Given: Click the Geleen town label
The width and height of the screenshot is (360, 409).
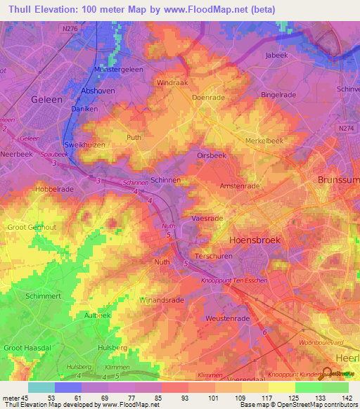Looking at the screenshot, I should [47, 100].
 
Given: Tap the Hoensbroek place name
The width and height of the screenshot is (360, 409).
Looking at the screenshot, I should [255, 240].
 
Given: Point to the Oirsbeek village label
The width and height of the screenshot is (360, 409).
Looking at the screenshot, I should [212, 157].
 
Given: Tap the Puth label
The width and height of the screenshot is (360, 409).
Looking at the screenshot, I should [134, 138].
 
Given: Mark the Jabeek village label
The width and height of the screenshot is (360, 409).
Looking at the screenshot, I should [277, 55].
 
